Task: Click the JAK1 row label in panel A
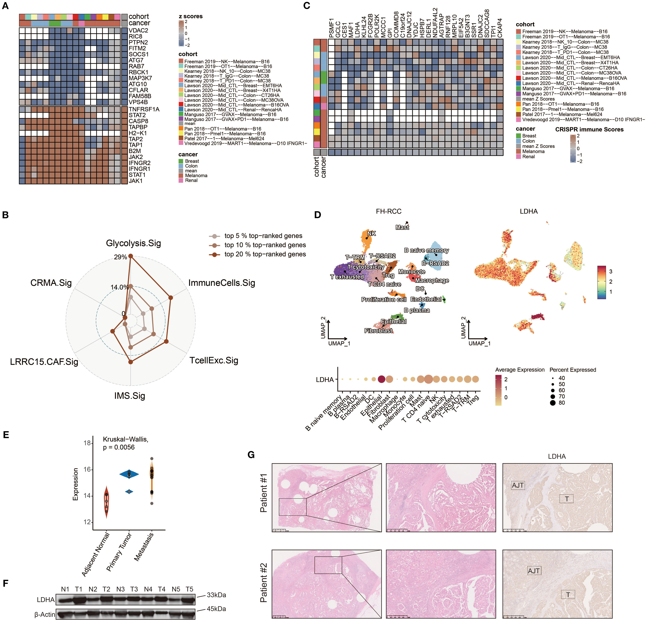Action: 135,181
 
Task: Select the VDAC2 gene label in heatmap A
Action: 138,30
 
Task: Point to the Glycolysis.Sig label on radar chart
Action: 133,243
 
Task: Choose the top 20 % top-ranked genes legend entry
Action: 265,254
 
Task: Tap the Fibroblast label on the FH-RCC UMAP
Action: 378,331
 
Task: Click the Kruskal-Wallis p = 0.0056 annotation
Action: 125,443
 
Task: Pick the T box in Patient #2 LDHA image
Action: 568,595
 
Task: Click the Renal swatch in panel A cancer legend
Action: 181,180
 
